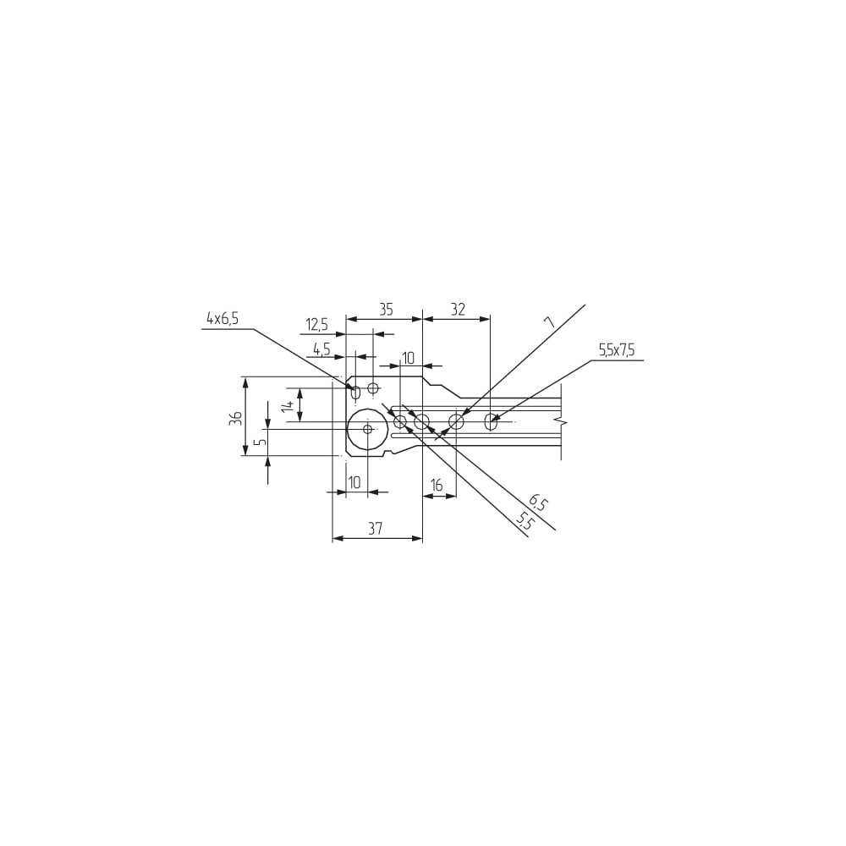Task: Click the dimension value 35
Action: pos(386,310)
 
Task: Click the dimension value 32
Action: pos(458,310)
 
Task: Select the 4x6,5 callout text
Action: pos(222,320)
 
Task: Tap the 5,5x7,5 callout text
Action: pos(616,351)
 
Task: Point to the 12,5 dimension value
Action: pos(316,325)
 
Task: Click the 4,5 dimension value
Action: pos(321,349)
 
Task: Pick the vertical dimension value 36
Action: pos(235,419)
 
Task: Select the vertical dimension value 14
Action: pos(288,406)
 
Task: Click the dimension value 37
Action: pos(375,529)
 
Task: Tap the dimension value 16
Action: pos(437,486)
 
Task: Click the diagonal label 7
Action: pos(549,322)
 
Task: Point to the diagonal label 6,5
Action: pos(538,503)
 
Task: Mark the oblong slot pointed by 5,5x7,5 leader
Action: pos(491,421)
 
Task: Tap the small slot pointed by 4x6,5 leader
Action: pos(355,393)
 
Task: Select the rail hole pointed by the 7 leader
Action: pos(457,421)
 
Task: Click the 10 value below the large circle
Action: pos(354,482)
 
